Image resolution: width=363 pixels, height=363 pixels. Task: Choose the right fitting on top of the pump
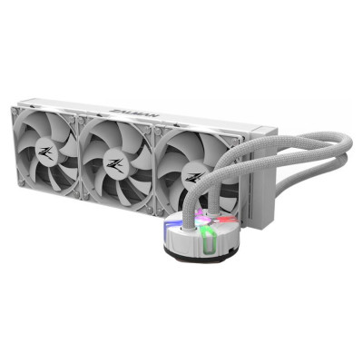[x=225, y=214]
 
